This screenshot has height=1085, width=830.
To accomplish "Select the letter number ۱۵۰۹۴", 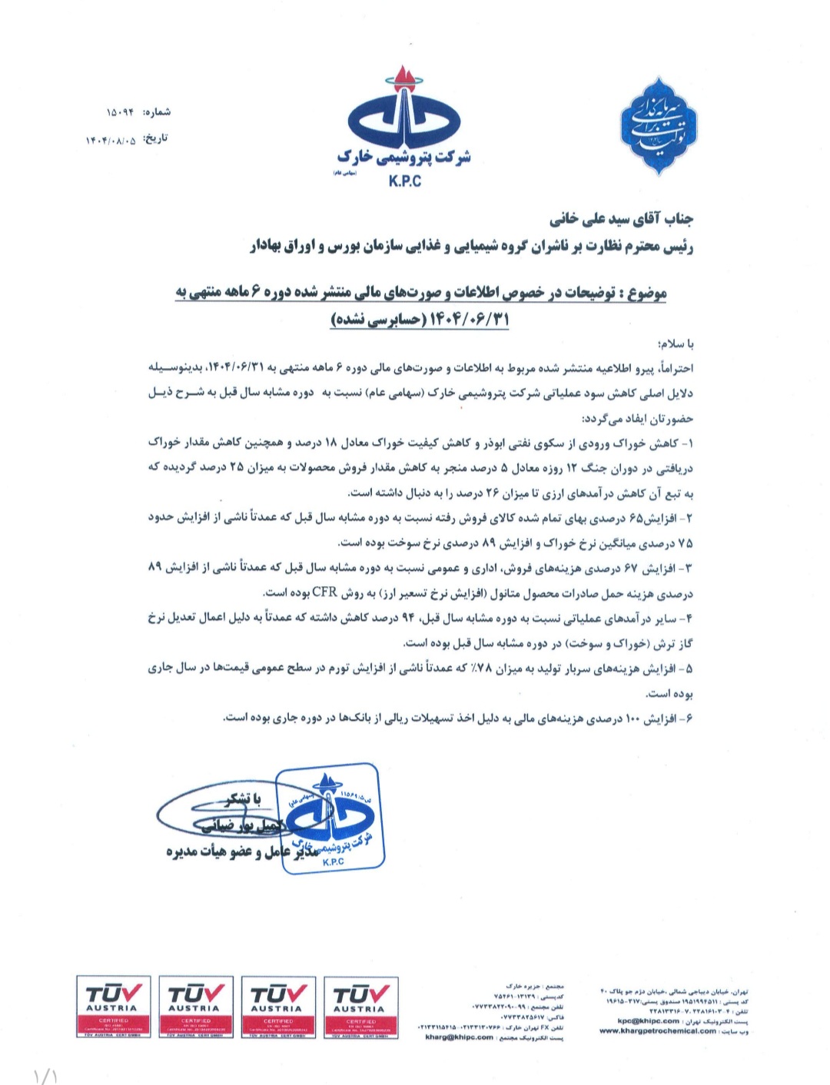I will tap(119, 113).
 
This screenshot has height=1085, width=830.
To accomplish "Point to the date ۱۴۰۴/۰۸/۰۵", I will tap(115, 140).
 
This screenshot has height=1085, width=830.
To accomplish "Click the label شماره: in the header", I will tap(157, 112).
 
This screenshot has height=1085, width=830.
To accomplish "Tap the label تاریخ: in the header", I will tap(157, 139).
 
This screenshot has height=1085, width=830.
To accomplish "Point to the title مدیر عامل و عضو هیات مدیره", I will tap(246, 853).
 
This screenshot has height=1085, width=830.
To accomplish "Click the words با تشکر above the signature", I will tap(239, 800).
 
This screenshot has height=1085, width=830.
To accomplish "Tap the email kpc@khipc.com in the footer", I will tap(649, 1020).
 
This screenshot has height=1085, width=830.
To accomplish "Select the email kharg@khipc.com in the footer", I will tap(459, 1037).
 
